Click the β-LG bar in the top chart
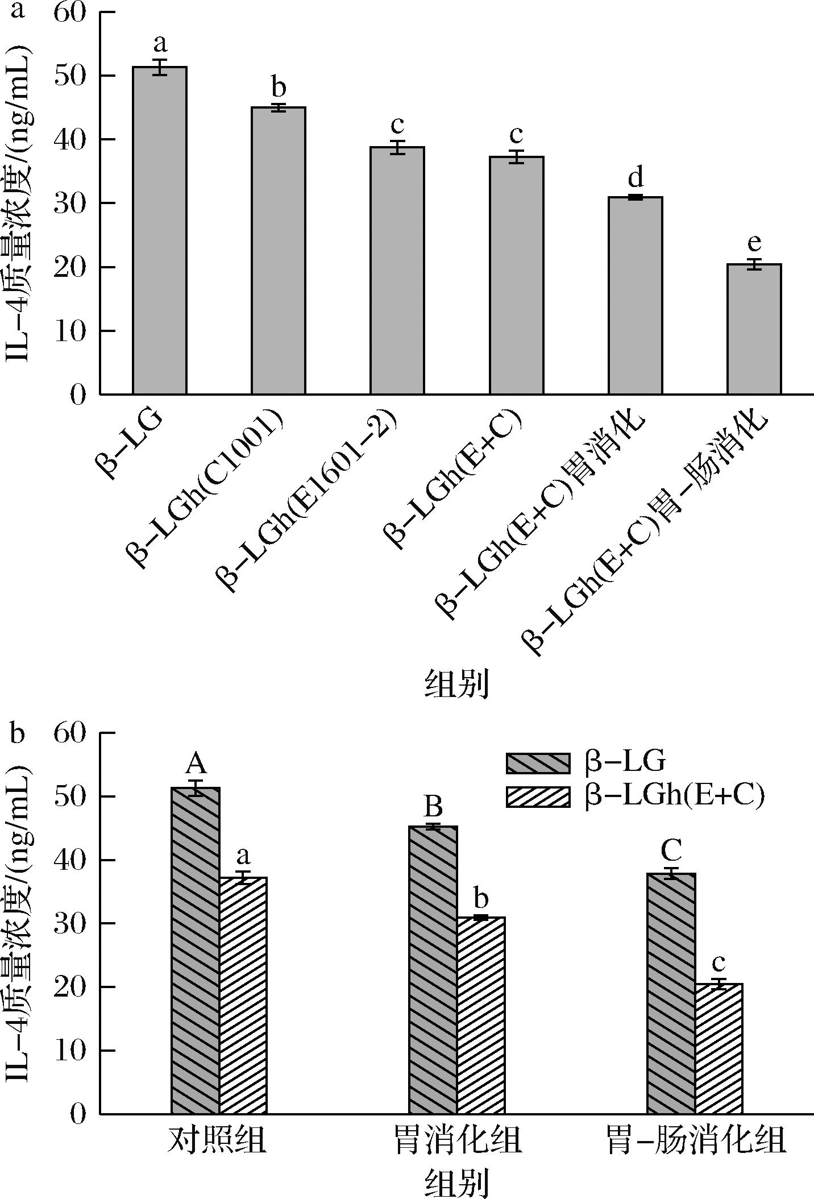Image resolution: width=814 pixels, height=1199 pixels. pyautogui.click(x=160, y=230)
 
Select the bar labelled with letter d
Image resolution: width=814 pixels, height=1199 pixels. pyautogui.click(x=635, y=296)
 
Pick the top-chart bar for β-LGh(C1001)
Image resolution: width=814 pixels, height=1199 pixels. pyautogui.click(x=279, y=250)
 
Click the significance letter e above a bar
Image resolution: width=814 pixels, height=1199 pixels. pyautogui.click(x=754, y=243)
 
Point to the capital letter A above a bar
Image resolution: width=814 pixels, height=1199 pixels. pyautogui.click(x=196, y=764)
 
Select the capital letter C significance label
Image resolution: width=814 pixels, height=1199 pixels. pyautogui.click(x=671, y=850)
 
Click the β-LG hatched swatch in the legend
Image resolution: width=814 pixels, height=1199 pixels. pyautogui.click(x=538, y=763)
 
